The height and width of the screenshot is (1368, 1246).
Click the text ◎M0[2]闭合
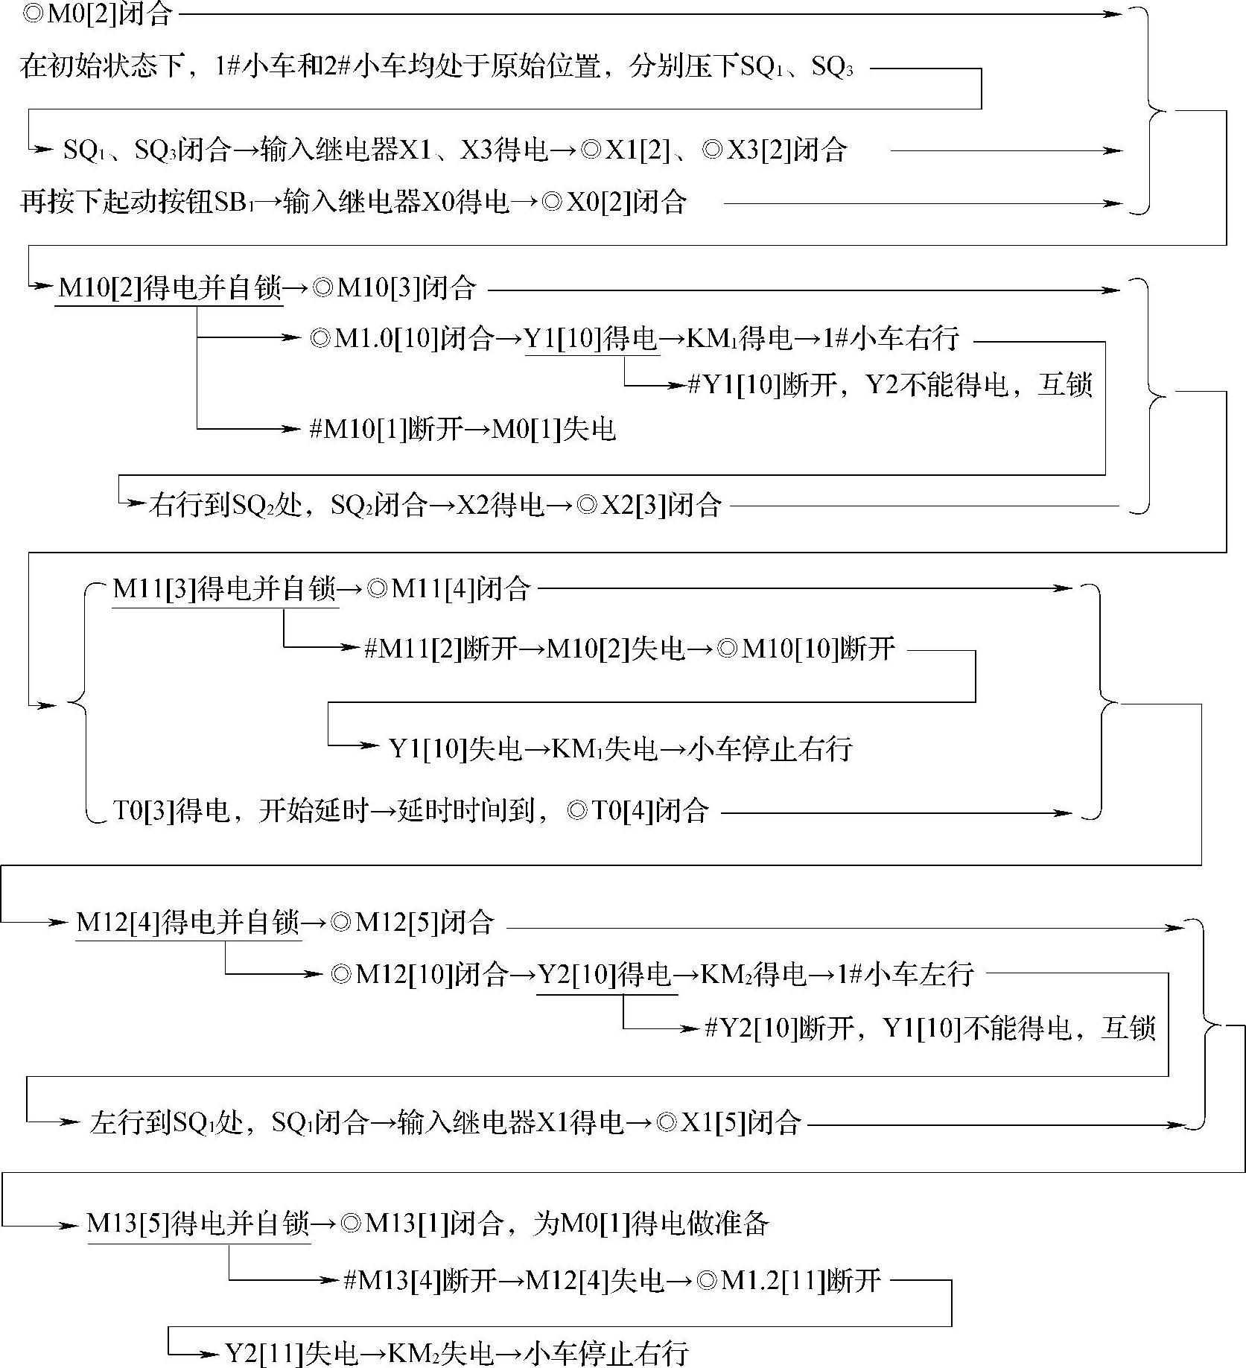click(x=97, y=14)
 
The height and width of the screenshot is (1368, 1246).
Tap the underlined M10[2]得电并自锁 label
click(x=170, y=287)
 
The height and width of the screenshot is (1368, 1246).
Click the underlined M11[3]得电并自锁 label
click(x=224, y=589)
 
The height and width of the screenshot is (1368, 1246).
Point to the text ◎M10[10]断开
click(x=806, y=649)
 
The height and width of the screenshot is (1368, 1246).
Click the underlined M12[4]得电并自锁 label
click(x=188, y=923)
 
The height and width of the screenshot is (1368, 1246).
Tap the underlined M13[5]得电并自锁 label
click(x=198, y=1224)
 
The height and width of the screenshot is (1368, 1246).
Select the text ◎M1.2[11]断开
click(x=789, y=1281)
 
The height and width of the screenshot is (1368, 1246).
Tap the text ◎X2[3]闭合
click(x=649, y=506)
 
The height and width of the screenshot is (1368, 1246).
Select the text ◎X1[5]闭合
click(x=729, y=1122)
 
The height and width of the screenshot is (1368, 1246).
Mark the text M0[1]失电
click(x=554, y=430)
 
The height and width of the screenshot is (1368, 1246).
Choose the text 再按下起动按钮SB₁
click(x=137, y=202)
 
